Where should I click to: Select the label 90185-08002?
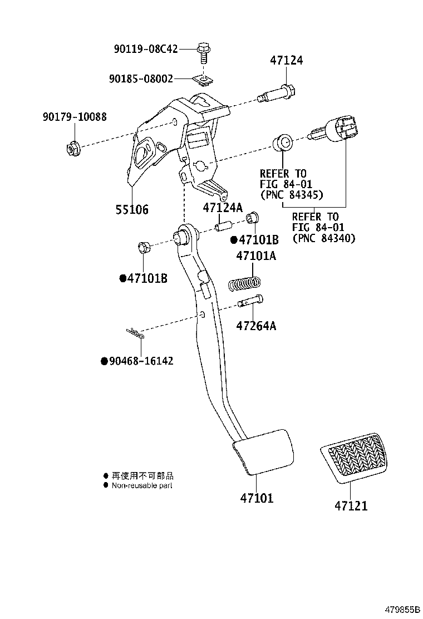point(141,79)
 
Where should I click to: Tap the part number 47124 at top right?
point(287,60)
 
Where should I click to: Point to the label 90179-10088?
point(74,117)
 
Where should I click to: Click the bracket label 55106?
point(132,209)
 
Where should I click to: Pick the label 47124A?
point(223,208)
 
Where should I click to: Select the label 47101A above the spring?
point(255,257)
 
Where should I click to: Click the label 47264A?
point(255,326)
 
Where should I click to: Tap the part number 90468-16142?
point(141,361)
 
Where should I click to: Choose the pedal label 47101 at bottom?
point(257,498)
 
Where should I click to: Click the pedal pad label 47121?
point(351,506)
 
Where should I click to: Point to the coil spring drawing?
point(244,284)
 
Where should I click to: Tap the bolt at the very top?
point(203,53)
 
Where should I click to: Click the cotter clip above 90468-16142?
point(134,333)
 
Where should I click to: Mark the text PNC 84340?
point(324,238)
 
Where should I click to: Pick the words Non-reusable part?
point(142,485)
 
